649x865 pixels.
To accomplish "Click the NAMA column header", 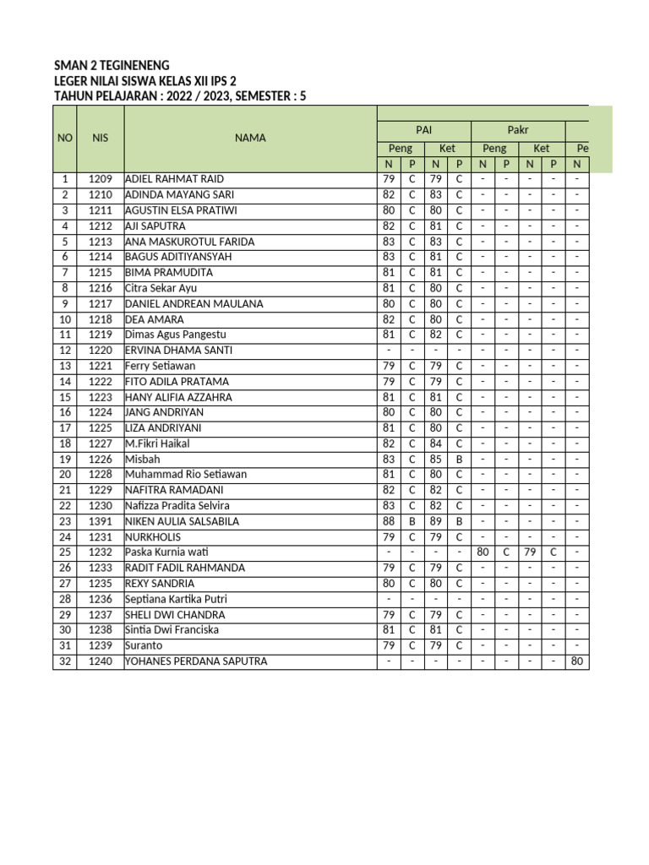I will tap(250, 138).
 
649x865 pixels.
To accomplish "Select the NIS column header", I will tap(101, 138).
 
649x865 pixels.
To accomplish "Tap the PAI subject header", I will tap(423, 130).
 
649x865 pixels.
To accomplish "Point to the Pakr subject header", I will tap(518, 130).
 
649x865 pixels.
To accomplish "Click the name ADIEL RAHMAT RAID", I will tap(175, 179).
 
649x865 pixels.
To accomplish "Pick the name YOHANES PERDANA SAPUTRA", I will tap(196, 661).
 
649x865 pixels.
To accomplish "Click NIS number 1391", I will tap(101, 521).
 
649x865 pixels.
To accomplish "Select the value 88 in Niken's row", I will tap(389, 521).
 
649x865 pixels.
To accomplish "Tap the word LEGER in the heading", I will tap(71, 80).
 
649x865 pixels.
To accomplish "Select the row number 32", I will tap(64, 661).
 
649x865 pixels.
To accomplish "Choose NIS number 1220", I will tap(101, 350).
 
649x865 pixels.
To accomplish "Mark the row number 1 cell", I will tap(64, 179).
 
